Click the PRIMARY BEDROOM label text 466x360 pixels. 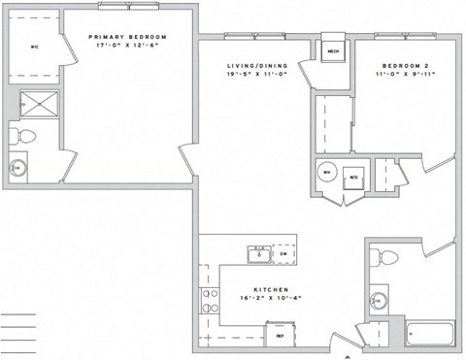point(131,37)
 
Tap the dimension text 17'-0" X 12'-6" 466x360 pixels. point(131,46)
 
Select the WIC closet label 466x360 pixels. point(33,45)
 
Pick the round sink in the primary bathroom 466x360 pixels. point(16,168)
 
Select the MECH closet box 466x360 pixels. point(332,51)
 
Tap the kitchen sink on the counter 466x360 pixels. point(259,255)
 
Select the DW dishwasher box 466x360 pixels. point(283,254)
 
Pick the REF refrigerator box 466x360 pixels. point(280,336)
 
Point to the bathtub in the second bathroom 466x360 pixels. point(429,335)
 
